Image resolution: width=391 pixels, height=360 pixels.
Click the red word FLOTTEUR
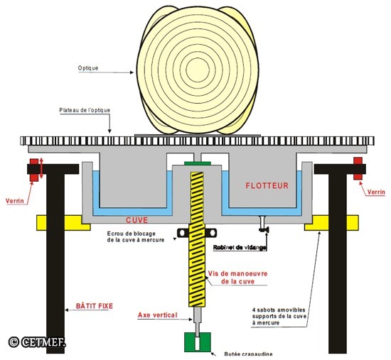[x=267, y=185]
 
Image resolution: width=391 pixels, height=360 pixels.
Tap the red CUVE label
[x=136, y=220]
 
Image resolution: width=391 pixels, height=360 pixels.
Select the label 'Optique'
[x=88, y=68]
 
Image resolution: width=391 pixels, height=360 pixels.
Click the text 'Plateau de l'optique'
[x=85, y=110]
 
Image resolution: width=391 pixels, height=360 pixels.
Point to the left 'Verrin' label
[x=15, y=201]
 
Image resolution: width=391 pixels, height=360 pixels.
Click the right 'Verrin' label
[x=376, y=192]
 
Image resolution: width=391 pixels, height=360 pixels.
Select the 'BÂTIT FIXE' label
[x=95, y=306]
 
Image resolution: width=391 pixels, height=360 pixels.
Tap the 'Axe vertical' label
[x=157, y=315]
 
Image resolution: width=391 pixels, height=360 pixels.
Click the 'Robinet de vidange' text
[x=240, y=248]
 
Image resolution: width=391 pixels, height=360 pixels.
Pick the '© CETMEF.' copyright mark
[x=37, y=342]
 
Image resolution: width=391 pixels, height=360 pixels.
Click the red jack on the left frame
[x=34, y=170]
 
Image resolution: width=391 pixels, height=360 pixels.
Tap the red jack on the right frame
[x=358, y=168]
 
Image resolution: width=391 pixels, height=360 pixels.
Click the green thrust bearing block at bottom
[x=198, y=342]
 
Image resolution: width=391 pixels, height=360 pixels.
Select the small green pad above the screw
[x=198, y=163]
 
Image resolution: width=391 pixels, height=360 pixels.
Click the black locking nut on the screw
[x=197, y=233]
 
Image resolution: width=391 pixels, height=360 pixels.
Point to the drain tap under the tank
[x=263, y=224]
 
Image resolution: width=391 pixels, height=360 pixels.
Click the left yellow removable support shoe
[x=63, y=223]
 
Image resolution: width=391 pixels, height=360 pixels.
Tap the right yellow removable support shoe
[x=332, y=223]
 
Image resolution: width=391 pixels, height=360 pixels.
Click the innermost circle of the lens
[x=198, y=70]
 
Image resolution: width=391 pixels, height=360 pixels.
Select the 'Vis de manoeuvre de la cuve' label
[x=237, y=278]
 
